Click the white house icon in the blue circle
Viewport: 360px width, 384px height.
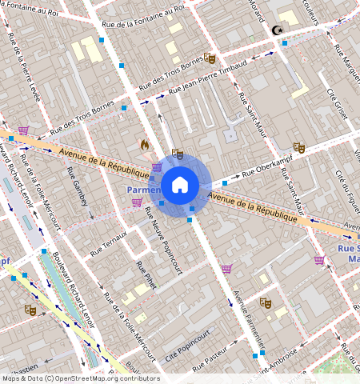[x=180, y=185]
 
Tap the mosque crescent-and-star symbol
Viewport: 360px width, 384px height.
[x=278, y=30]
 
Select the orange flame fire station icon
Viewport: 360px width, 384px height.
[x=144, y=146]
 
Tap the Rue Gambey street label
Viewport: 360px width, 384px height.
[x=79, y=192]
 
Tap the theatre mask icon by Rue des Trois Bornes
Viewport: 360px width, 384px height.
[x=210, y=58]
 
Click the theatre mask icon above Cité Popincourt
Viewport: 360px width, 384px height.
[x=266, y=303]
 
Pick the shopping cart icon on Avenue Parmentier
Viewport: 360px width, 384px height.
[x=226, y=270]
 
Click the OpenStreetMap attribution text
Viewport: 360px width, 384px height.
[x=80, y=378]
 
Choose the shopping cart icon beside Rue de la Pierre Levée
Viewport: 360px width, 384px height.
[x=24, y=130]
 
